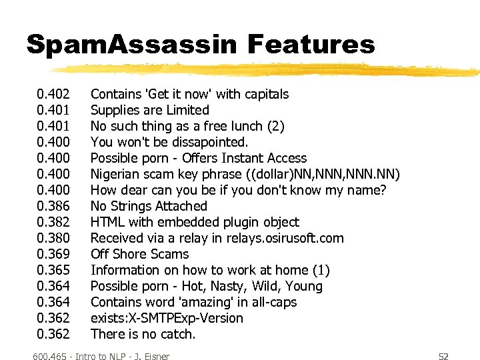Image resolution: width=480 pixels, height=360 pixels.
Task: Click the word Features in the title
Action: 311,45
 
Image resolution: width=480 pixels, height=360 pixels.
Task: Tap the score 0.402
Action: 53,94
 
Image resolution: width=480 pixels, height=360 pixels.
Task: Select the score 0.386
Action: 53,206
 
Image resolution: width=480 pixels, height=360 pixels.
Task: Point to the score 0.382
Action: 53,222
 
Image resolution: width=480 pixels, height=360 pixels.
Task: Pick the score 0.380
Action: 53,238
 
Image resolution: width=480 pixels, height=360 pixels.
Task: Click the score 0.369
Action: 53,254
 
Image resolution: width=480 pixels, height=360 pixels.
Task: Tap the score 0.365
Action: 53,270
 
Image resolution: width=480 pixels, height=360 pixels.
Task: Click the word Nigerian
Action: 117,174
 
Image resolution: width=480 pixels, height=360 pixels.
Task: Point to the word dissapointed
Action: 209,142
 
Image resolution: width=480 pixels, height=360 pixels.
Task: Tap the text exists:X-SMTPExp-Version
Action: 167,318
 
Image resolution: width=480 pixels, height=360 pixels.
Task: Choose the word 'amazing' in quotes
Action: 193,302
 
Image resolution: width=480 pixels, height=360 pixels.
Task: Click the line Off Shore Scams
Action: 139,254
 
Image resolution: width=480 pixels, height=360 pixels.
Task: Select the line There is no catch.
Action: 143,334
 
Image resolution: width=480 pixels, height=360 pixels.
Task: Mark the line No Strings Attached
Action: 149,206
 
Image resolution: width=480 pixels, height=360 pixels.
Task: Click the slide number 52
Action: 443,357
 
